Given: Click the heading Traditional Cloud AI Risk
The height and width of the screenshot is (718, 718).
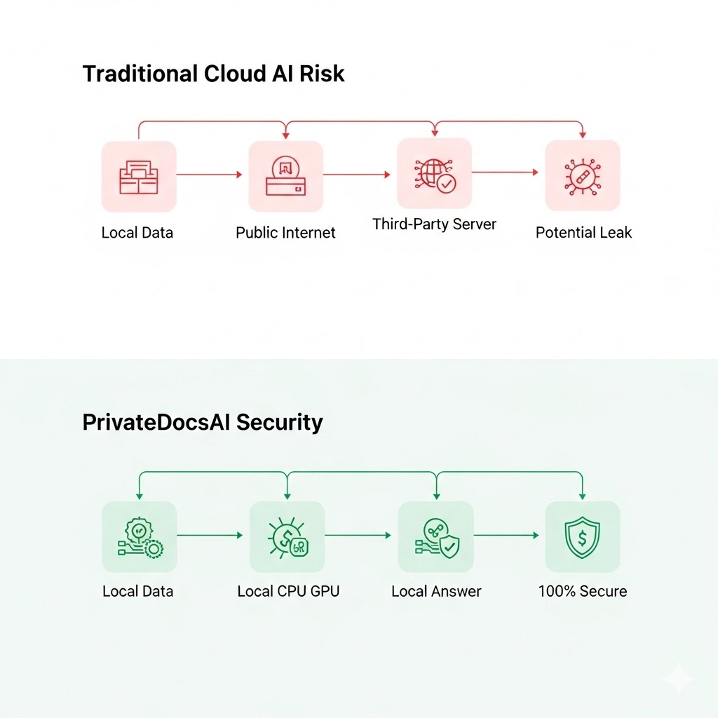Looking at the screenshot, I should point(213,74).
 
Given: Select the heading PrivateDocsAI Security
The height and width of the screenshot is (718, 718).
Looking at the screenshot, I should point(203,422).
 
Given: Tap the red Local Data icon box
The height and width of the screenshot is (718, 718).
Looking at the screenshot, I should point(139,176).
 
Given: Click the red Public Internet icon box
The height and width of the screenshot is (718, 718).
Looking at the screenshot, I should point(285,176).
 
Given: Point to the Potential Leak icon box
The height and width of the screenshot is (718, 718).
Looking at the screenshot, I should point(583,175).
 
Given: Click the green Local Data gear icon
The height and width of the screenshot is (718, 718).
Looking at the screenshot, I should point(139,537).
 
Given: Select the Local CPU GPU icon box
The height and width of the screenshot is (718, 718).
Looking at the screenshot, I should point(287,537).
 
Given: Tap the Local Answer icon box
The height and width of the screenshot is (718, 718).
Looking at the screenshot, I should point(435,537).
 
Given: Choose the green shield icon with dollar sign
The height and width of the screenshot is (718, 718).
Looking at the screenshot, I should point(583,537).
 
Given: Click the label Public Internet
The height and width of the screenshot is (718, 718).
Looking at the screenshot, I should point(285,233).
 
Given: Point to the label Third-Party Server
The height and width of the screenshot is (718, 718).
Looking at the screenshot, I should point(434,224).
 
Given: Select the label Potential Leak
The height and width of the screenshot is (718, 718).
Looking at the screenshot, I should point(583,233).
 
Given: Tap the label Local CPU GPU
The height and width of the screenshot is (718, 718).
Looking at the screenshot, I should point(288,591).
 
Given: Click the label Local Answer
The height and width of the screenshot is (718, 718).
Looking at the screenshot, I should point(436,591).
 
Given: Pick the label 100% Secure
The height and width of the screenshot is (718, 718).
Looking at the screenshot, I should point(583,591).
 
